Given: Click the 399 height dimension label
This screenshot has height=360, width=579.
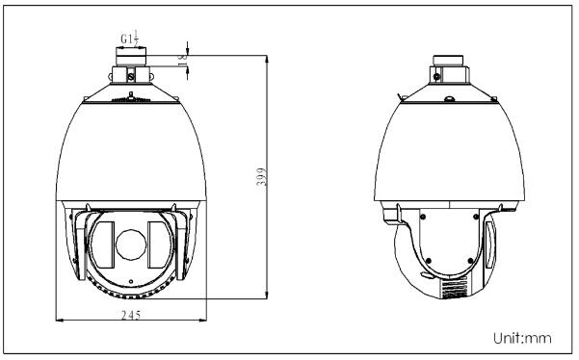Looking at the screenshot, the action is [261, 177].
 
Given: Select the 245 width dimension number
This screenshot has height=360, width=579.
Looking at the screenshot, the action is [131, 315].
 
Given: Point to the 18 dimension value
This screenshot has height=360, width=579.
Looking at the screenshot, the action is [183, 61].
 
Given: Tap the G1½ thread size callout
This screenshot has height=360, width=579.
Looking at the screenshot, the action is [130, 38].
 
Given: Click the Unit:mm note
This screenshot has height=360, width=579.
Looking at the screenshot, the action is [522, 338].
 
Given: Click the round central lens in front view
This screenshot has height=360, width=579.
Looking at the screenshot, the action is [131, 244].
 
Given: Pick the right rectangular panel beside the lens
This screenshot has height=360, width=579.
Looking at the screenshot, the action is [155, 244].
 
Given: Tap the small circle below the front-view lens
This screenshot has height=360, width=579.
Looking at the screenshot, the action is [131, 282].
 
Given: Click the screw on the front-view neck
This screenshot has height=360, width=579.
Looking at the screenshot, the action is [131, 77].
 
